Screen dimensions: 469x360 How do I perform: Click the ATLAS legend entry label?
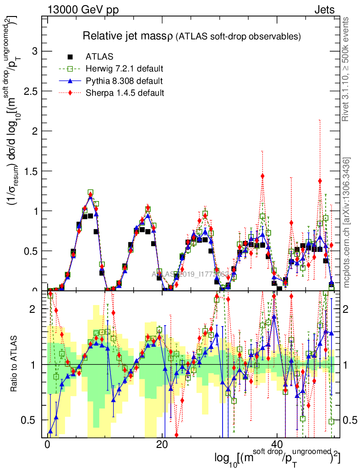pyautogui.click(x=99, y=57)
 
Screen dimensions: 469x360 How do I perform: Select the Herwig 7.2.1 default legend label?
pyautogui.click(x=124, y=69)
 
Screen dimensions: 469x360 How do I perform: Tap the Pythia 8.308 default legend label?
pyautogui.click(x=124, y=82)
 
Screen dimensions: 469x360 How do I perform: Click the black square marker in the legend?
pyautogui.click(x=70, y=57)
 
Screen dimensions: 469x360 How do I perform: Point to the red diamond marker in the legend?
pyautogui.click(x=70, y=93)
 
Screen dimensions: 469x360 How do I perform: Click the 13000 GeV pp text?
pyautogui.click(x=82, y=10)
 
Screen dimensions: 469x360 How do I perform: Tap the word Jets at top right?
pyautogui.click(x=324, y=10)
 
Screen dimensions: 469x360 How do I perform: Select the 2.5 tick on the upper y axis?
pyautogui.click(x=30, y=91)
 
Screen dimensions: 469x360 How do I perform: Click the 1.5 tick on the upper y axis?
pyautogui.click(x=30, y=171)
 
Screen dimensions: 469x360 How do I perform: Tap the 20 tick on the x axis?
pyautogui.click(x=162, y=445)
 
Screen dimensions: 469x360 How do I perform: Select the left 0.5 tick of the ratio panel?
pyautogui.click(x=30, y=420)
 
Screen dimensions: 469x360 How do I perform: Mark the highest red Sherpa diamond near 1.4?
pyautogui.click(x=262, y=176)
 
